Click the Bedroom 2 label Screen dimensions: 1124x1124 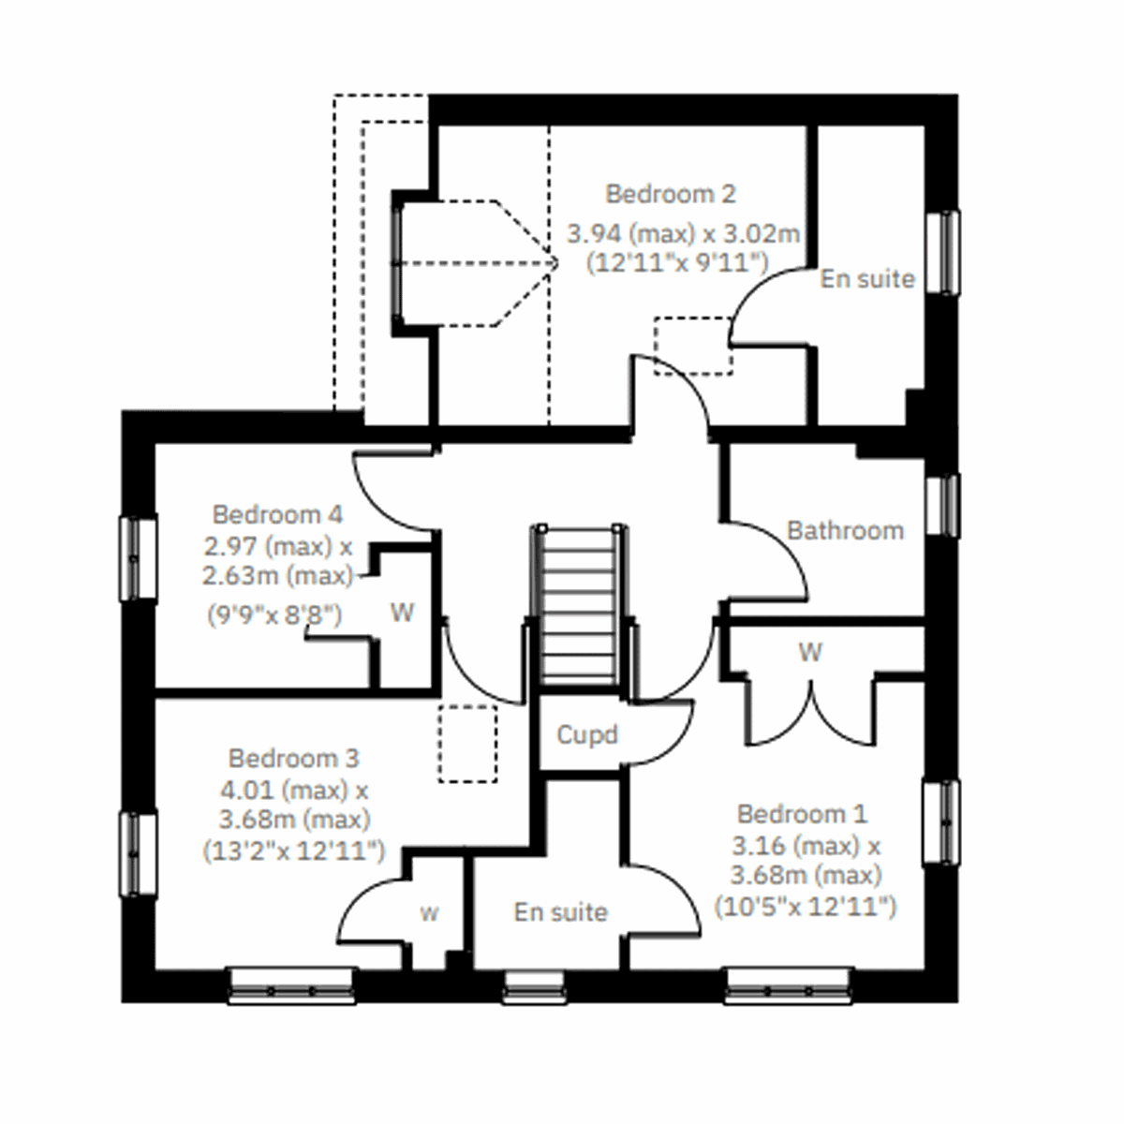pyautogui.click(x=671, y=194)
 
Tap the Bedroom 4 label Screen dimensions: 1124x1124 pyautogui.click(x=277, y=514)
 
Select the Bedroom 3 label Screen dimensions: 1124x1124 pyautogui.click(x=293, y=758)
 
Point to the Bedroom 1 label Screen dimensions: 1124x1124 pyautogui.click(x=802, y=813)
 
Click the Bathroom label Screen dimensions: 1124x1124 pyautogui.click(x=845, y=531)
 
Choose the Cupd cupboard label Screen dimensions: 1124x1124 pyautogui.click(x=587, y=734)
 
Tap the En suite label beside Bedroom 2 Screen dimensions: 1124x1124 pyautogui.click(x=867, y=278)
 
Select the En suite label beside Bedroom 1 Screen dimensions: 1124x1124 pyautogui.click(x=560, y=911)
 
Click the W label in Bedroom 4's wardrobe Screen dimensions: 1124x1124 pyautogui.click(x=402, y=614)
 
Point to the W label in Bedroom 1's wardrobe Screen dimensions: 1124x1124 pyautogui.click(x=810, y=651)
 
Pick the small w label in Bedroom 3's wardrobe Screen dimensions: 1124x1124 pyautogui.click(x=429, y=913)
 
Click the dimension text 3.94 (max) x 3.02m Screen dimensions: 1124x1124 pyautogui.click(x=684, y=232)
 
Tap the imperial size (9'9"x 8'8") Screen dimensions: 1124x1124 pyautogui.click(x=274, y=615)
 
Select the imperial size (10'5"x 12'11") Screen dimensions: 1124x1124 pyautogui.click(x=806, y=907)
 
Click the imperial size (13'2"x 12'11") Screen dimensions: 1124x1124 pyautogui.click(x=293, y=850)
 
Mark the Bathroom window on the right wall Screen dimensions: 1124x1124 pyautogui.click(x=942, y=506)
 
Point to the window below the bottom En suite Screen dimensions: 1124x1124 pyautogui.click(x=535, y=986)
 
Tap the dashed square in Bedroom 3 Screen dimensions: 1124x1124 pyautogui.click(x=467, y=744)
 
